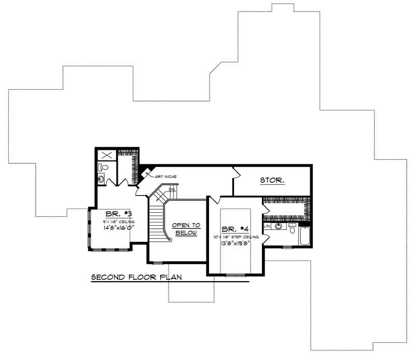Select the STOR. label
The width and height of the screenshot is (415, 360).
coord(272,181)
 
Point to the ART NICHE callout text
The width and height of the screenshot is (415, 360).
coord(165,177)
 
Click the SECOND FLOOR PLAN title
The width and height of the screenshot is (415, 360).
coord(136,277)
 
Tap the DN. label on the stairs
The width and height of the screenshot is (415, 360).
coord(172,190)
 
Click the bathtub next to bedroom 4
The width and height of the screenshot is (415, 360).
coord(305,237)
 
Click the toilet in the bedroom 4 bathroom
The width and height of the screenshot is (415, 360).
coord(292,229)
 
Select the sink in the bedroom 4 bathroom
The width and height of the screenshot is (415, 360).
coord(279,227)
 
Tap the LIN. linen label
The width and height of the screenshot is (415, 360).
coord(267,227)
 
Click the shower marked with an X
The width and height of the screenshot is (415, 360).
coord(105,155)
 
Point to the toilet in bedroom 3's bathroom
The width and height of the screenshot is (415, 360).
coord(103,168)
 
